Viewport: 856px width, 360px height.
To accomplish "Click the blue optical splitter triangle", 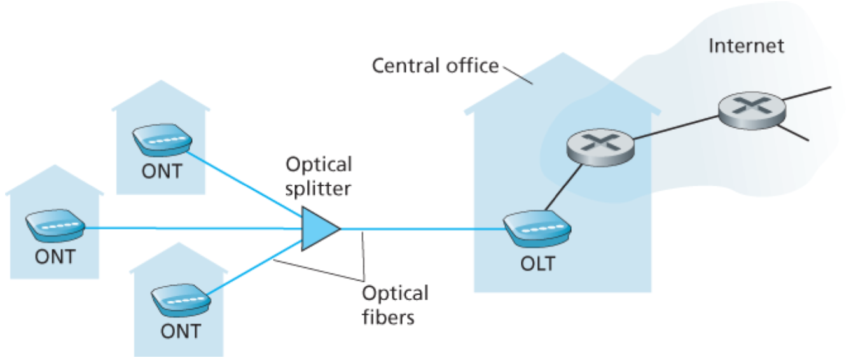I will tap(318, 228).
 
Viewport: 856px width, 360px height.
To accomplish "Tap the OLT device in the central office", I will tap(536, 230).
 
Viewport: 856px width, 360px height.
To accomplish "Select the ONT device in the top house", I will tap(162, 139).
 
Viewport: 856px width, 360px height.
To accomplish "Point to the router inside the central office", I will tap(600, 147).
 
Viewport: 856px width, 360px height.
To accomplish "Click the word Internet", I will tap(746, 46).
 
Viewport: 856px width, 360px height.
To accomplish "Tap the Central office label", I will tap(435, 66).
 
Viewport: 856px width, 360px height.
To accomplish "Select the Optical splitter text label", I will tap(318, 176).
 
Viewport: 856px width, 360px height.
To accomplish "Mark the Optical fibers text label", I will tap(395, 305).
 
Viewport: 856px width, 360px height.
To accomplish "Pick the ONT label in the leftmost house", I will tap(55, 257).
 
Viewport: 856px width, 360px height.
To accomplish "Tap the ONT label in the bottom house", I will tap(180, 331).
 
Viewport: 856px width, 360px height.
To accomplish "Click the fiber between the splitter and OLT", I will tap(420, 228).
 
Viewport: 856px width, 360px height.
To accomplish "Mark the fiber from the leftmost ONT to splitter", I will tap(191, 228).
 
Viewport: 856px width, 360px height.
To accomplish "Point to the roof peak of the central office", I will tap(562, 55).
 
